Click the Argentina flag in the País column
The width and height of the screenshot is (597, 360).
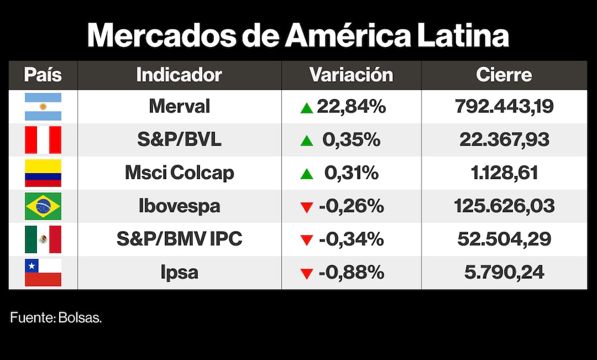click(43, 107)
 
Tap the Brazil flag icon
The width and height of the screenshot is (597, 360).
click(43, 207)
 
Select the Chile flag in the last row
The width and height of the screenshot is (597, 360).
click(43, 273)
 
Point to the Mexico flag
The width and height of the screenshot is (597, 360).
click(43, 239)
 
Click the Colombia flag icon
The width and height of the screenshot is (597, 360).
click(43, 173)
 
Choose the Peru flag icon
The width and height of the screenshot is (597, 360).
click(43, 140)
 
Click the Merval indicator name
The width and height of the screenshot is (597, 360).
click(179, 107)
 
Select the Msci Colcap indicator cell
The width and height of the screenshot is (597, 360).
click(179, 173)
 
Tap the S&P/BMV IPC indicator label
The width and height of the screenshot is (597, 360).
click(179, 239)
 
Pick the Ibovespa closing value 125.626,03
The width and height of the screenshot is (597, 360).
click(504, 207)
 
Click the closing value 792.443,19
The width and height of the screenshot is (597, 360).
click(504, 107)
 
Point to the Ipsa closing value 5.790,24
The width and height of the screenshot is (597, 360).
click(504, 273)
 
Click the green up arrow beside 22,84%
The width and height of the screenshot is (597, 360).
click(307, 108)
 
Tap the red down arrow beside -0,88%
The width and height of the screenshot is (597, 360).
click(307, 274)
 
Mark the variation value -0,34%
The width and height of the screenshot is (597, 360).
click(351, 239)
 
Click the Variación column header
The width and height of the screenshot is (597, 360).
click(351, 75)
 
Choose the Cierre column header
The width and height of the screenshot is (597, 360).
click(504, 75)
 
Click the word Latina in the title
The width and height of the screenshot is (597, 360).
click(463, 36)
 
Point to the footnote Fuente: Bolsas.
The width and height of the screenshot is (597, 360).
click(56, 318)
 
